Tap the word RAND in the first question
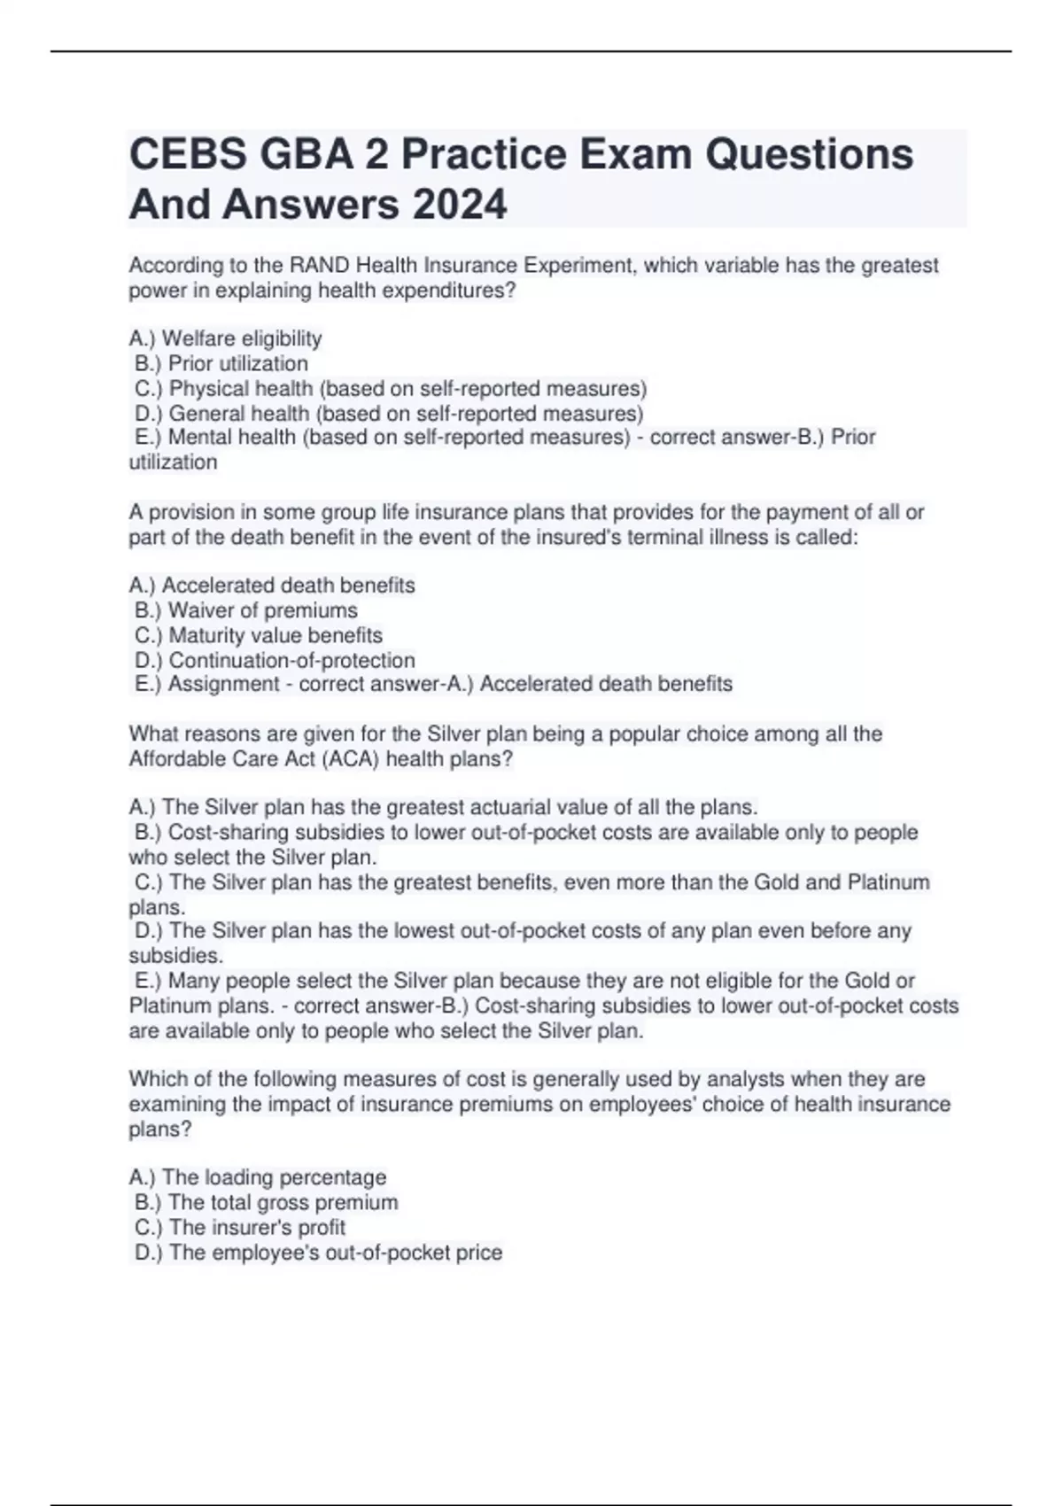tap(313, 265)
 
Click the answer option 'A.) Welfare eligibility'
tap(225, 338)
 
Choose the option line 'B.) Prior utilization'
tap(221, 363)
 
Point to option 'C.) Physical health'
tap(391, 388)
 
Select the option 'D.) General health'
tap(389, 413)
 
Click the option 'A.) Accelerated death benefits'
tap(272, 586)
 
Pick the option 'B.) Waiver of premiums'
tap(246, 610)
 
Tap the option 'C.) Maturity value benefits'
tap(259, 635)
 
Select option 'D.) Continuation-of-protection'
tap(275, 660)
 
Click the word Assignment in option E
tap(212, 684)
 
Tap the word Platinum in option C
tap(888, 882)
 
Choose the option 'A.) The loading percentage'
tap(258, 1177)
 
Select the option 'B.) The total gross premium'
tap(267, 1202)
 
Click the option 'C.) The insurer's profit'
tap(240, 1227)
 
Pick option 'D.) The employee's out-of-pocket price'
tap(319, 1253)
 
